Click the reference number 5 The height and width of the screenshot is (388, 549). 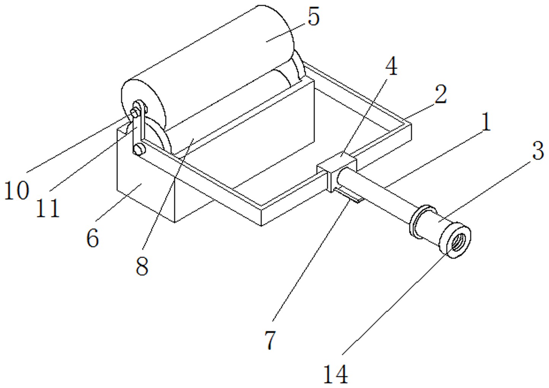point(313,17)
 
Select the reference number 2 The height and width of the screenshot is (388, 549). point(441,95)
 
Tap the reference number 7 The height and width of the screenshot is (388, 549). point(270,340)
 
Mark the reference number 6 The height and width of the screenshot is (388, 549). point(92,238)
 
